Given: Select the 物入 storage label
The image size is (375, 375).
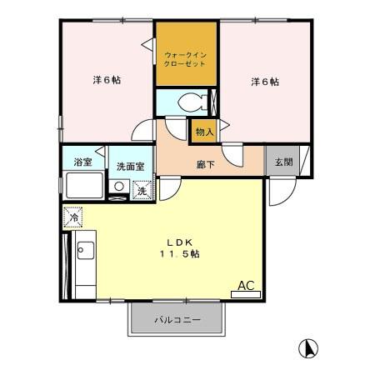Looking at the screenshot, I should [x=204, y=131].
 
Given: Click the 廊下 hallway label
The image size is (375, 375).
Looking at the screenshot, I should [x=206, y=164].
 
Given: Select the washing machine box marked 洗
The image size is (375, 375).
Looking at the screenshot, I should [x=142, y=191].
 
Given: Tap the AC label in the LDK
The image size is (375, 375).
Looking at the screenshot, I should [x=246, y=286].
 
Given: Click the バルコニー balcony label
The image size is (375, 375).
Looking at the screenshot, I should [x=177, y=320].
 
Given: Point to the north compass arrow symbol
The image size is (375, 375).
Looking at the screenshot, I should [x=307, y=348].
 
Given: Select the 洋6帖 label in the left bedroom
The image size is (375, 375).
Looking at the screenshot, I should [x=106, y=81].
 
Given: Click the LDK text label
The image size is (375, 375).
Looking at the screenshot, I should [x=178, y=237].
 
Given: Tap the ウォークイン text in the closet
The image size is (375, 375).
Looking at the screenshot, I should [x=186, y=54].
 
